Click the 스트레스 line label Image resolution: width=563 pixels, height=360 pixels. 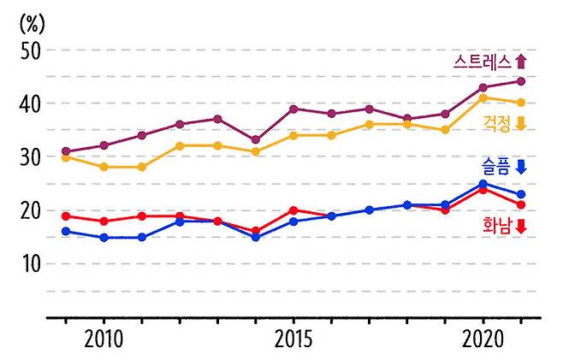(482, 62)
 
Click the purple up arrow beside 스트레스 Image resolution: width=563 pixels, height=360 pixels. (521, 61)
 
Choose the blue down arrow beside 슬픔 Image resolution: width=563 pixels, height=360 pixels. (521, 168)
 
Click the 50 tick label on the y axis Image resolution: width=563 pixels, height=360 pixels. (31, 50)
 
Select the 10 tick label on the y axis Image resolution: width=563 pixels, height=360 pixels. (31, 264)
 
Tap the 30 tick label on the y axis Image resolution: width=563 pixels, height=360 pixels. (31, 157)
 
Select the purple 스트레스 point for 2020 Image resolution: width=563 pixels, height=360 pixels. (483, 87)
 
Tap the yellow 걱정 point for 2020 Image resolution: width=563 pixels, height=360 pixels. (483, 97)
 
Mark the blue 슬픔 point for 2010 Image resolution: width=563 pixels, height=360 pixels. (104, 238)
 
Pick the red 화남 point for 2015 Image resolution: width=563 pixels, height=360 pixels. (293, 210)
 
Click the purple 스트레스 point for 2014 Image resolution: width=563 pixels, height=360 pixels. (256, 140)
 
